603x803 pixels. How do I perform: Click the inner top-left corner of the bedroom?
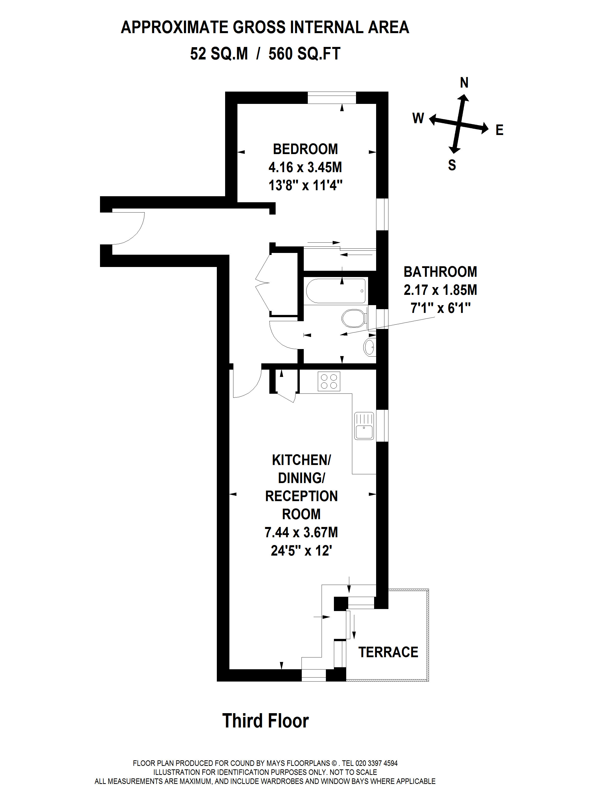[x=237, y=104]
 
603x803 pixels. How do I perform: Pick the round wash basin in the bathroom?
[x=369, y=347]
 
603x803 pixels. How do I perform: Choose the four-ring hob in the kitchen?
[x=329, y=381]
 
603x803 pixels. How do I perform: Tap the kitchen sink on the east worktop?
[x=364, y=426]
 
